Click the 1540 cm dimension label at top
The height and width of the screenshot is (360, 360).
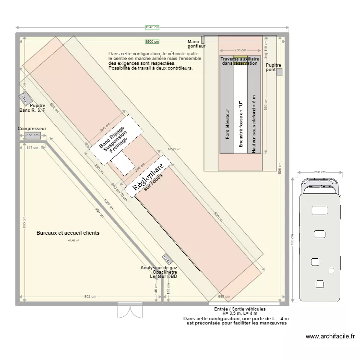152,28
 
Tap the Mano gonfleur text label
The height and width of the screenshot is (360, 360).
196,44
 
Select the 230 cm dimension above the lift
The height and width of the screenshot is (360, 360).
240,50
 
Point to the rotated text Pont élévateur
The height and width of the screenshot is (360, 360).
228,124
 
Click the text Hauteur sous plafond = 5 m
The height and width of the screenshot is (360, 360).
254,124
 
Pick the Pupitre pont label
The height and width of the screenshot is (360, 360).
274,67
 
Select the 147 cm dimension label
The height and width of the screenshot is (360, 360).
32,147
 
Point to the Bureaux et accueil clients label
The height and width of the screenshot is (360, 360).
68,233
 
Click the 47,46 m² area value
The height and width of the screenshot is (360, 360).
73,241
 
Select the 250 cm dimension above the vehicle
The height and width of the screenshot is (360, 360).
320,172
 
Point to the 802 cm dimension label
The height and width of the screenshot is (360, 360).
90,297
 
